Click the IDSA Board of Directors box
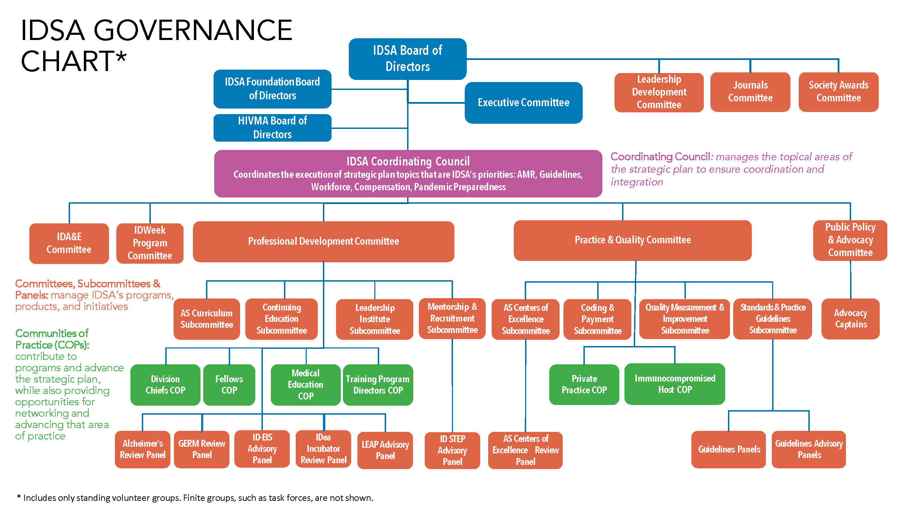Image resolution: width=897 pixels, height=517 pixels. tap(407, 59)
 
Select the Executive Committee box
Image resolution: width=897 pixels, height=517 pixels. tap(523, 103)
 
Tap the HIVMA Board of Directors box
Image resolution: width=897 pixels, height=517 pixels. tap(272, 128)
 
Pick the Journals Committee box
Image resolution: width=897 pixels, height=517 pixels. tap(750, 92)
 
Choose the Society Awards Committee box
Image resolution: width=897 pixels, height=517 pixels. tap(838, 92)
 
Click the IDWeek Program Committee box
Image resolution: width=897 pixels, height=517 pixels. tap(150, 243)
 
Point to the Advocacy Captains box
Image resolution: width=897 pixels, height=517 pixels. tap(850, 318)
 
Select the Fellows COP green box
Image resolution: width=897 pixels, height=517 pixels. tap(229, 385)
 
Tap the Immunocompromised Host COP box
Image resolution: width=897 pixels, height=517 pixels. tap(674, 384)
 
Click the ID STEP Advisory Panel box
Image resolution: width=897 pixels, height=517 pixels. tap(452, 450)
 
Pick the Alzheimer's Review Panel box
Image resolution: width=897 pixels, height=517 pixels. tap(142, 449)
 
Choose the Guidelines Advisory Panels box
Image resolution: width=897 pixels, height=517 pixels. tap(809, 449)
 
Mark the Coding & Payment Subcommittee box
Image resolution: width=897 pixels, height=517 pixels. tap(597, 319)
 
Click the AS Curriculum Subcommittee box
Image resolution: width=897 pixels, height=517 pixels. tap(206, 319)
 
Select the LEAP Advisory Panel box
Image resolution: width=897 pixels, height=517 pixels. tap(385, 450)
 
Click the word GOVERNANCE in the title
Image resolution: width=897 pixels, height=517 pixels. tap(193, 31)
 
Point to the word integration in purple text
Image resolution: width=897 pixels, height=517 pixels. tap(637, 182)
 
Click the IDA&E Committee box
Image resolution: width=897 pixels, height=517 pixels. tap(69, 243)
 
